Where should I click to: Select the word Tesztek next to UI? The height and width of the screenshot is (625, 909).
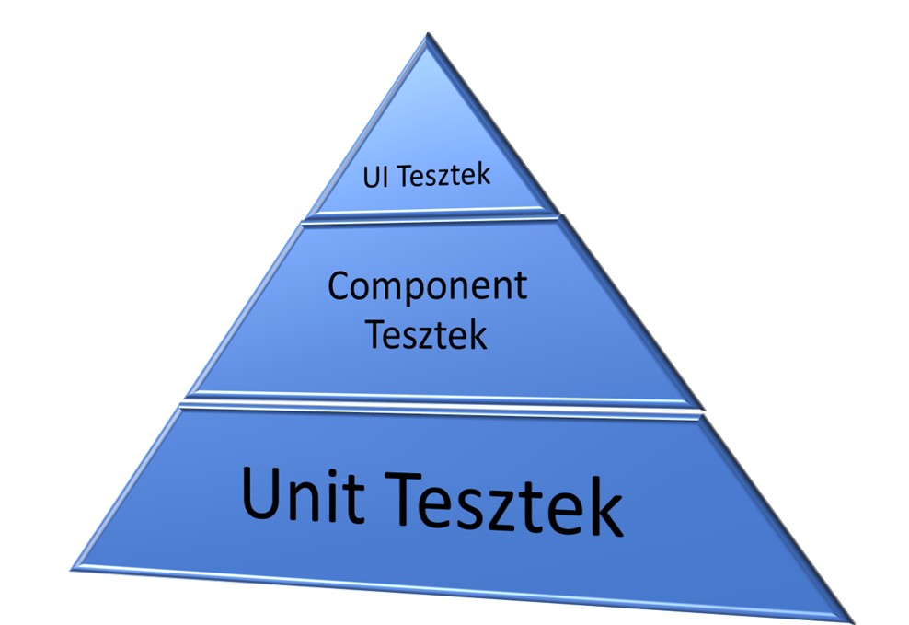[x=441, y=175]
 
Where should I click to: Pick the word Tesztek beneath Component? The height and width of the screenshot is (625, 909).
[x=427, y=334]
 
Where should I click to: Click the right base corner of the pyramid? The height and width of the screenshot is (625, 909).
[x=851, y=619]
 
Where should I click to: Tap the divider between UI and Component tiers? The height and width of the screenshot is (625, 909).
[x=431, y=218]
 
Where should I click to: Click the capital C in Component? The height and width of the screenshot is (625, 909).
[x=341, y=286]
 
